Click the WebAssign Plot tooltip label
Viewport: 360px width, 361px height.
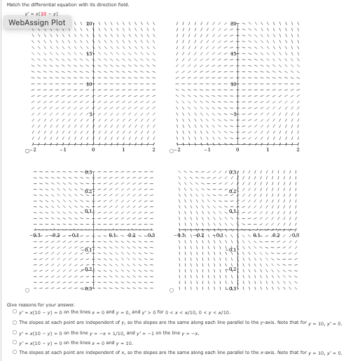point(37,22)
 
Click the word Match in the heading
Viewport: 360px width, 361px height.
point(12,5)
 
